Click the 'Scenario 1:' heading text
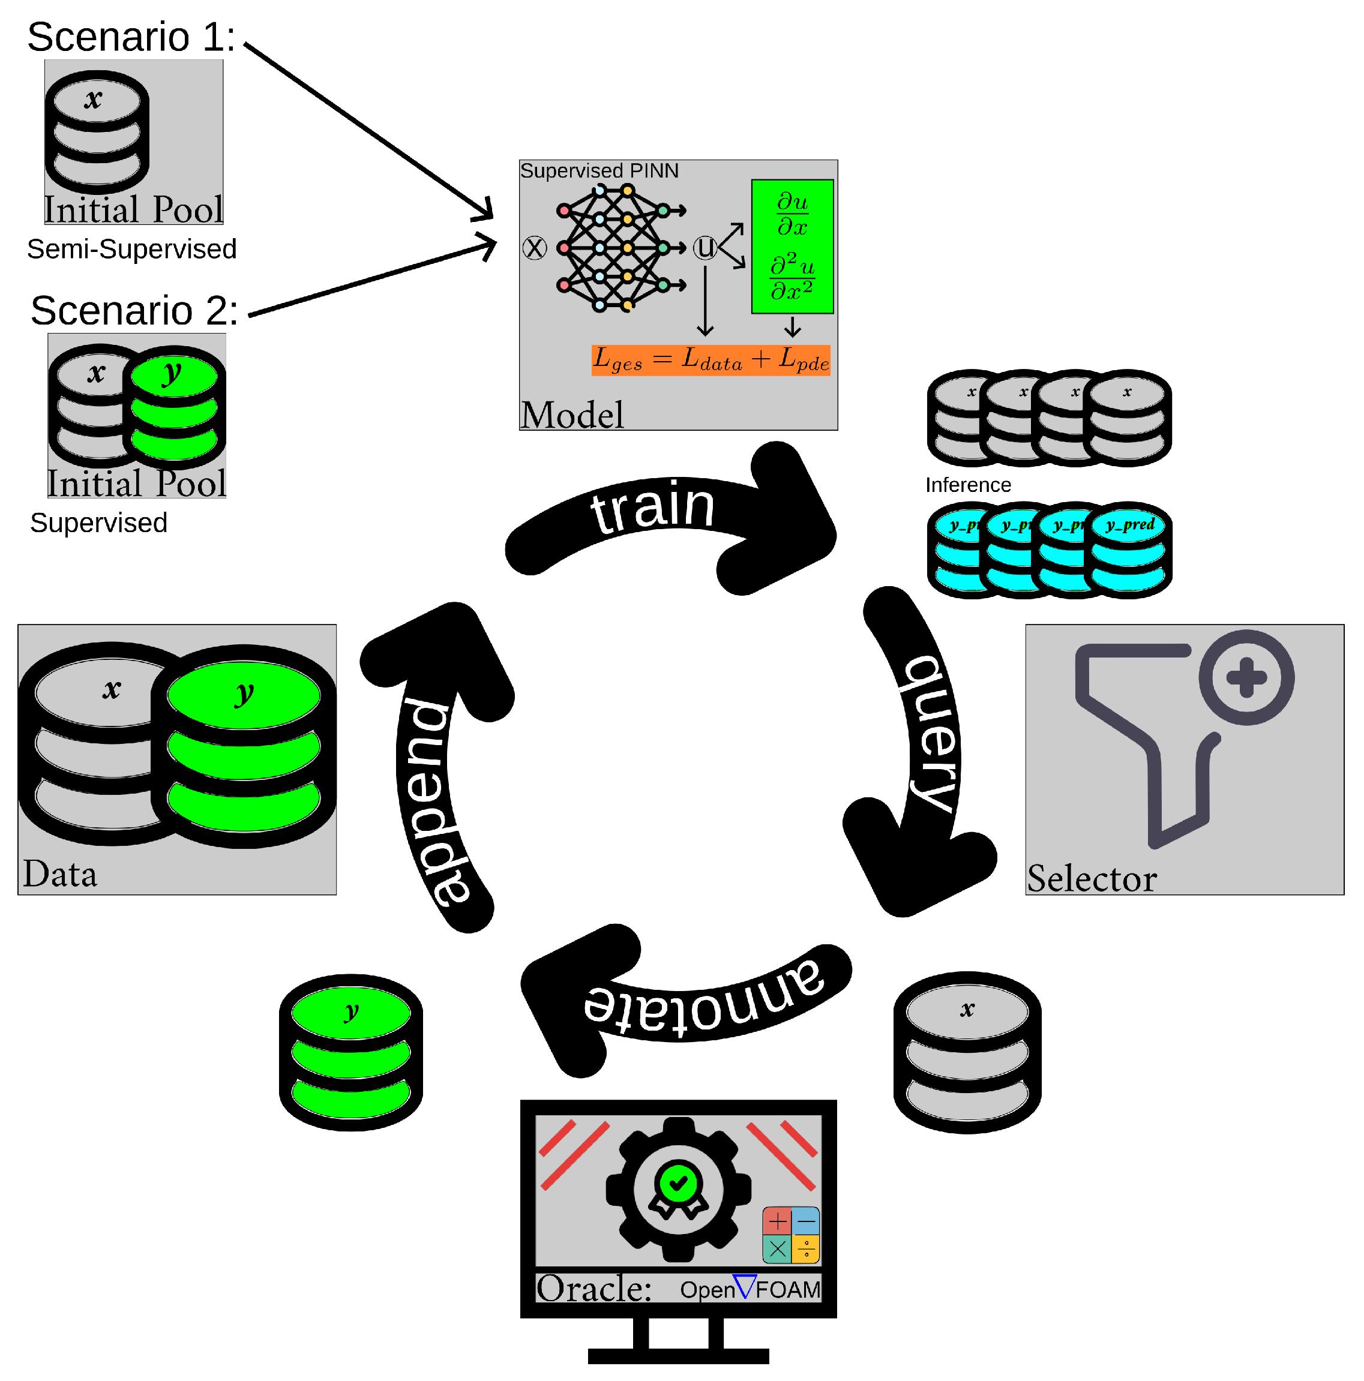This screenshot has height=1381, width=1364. [131, 37]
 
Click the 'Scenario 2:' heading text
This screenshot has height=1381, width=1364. [134, 311]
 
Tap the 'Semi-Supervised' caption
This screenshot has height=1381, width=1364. [131, 250]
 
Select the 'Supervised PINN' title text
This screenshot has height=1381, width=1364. [599, 171]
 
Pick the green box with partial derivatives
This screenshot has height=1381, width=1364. [792, 247]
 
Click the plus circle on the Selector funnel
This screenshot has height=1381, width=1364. [1246, 677]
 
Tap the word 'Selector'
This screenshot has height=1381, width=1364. [1092, 878]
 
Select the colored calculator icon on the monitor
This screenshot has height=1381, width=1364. [791, 1235]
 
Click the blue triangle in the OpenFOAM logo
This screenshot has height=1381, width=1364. [744, 1286]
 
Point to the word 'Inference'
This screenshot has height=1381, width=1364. [968, 485]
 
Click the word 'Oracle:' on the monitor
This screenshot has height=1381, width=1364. [593, 1289]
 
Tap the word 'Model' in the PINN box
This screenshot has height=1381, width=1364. [572, 415]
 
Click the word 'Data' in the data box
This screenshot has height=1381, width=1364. [60, 874]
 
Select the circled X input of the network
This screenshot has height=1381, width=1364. [534, 248]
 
